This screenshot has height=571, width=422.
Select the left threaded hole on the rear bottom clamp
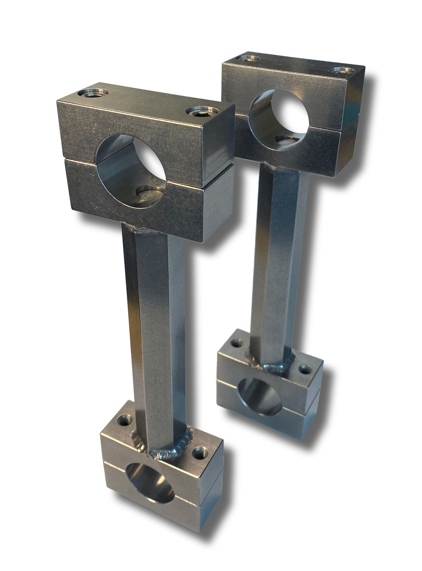pyautogui.click(x=236, y=343)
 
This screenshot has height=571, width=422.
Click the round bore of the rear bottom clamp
pyautogui.click(x=258, y=394)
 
